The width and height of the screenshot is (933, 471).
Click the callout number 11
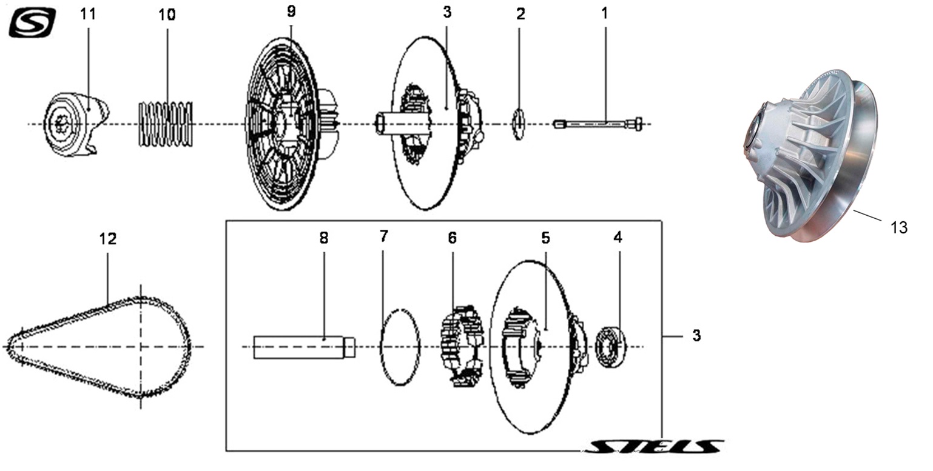pyautogui.click(x=88, y=15)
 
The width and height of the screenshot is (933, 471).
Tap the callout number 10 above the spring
pyautogui.click(x=167, y=15)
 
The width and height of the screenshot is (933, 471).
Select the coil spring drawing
pyautogui.click(x=166, y=124)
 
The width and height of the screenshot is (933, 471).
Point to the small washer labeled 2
pyautogui.click(x=519, y=124)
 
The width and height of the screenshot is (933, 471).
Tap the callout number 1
pyautogui.click(x=604, y=13)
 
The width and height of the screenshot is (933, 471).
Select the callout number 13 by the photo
pyautogui.click(x=899, y=227)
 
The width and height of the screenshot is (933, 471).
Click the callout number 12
pyautogui.click(x=107, y=239)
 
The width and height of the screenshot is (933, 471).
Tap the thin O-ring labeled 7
pyautogui.click(x=400, y=347)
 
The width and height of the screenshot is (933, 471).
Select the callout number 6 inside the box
pyautogui.click(x=452, y=238)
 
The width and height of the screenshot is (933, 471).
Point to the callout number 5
pyautogui.click(x=545, y=238)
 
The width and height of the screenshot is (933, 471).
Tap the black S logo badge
pyautogui.click(x=33, y=22)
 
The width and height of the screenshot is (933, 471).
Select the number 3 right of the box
pyautogui.click(x=696, y=335)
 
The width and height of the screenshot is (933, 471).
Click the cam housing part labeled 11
pyautogui.click(x=76, y=124)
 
